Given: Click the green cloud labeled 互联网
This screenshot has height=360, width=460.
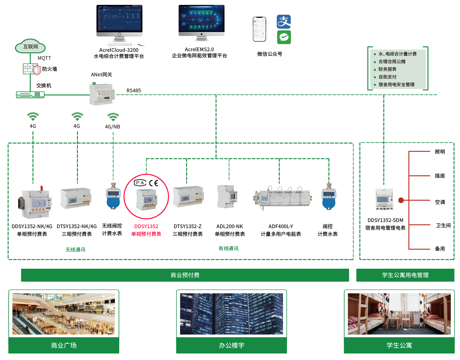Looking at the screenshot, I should [x=30, y=47].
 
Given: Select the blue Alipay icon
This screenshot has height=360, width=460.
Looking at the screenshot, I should [x=284, y=22].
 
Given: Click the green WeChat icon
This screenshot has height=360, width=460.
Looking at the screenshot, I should [x=284, y=37].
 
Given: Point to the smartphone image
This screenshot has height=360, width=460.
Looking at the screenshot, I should [x=259, y=29].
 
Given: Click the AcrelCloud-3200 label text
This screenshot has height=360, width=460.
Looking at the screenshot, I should [x=119, y=50].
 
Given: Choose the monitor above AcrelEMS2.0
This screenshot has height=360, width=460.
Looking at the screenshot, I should [x=201, y=21].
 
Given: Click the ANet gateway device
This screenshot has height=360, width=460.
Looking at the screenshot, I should [x=102, y=93].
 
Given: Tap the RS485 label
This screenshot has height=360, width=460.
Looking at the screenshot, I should [x=134, y=90].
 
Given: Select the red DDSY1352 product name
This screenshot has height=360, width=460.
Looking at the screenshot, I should [x=146, y=226].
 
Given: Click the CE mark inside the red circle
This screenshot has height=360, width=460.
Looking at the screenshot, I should [x=153, y=183].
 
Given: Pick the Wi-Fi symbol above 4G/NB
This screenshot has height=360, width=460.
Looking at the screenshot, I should [x=113, y=117].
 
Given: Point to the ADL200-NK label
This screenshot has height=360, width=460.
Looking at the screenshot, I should [x=230, y=226].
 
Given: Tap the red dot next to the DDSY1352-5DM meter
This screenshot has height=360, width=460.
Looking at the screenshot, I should [x=401, y=200].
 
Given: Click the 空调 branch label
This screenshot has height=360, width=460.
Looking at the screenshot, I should [x=440, y=202].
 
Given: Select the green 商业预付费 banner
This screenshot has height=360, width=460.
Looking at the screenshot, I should [x=185, y=275].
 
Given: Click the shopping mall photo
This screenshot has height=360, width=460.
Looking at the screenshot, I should [x=64, y=314].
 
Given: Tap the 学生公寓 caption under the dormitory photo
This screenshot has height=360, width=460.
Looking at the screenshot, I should [x=399, y=345].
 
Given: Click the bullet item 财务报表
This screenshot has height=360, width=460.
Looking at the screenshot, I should [x=387, y=69].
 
